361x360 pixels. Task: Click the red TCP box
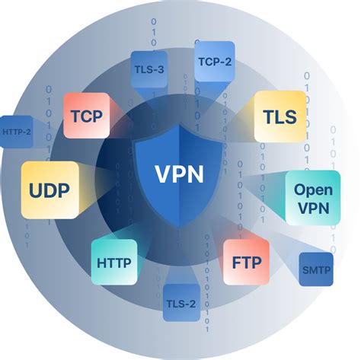point(86,116)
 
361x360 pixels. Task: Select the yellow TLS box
point(280,116)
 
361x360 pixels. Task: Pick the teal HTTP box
point(114,263)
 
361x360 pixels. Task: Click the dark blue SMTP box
point(316,269)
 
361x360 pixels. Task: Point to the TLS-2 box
point(180,304)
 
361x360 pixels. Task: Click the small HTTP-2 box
point(16,131)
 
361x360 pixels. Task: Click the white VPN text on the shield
point(180,174)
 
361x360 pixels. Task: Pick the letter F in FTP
point(235,263)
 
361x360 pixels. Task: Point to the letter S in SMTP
point(305,269)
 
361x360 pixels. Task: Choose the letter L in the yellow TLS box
point(280,116)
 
